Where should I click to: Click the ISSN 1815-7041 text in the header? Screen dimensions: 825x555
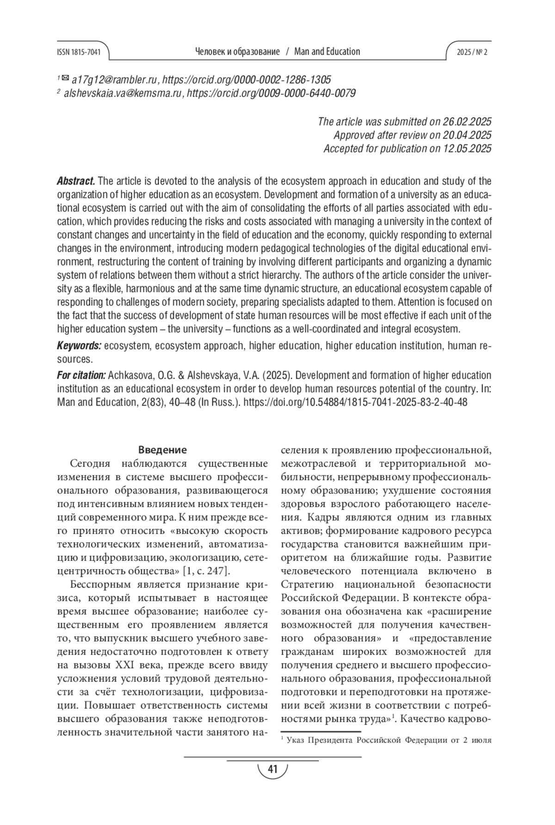tap(79, 52)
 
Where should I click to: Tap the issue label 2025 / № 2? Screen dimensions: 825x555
tap(472, 52)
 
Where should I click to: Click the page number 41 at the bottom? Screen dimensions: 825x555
tap(272, 769)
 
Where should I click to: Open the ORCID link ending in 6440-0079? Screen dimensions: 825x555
tap(271, 93)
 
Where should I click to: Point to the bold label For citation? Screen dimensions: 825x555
tap(81, 375)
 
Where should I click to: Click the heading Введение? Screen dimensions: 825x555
tap(162, 450)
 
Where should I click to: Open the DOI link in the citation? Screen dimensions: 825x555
tap(355, 402)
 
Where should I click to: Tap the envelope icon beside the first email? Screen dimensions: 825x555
tap(65, 79)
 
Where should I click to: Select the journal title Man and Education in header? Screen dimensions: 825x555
tap(327, 52)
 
